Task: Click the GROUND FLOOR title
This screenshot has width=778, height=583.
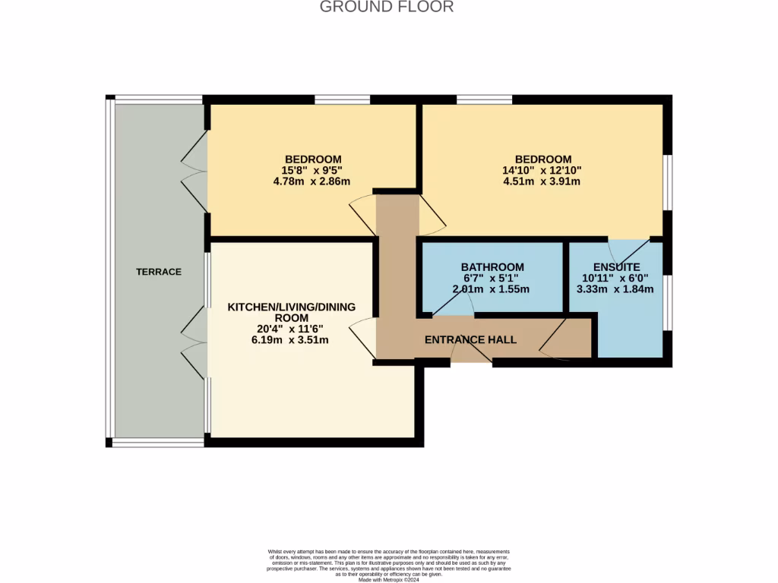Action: point(387,8)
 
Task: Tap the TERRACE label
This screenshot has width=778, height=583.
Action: point(159,272)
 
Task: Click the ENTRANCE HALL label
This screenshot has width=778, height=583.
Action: point(470,339)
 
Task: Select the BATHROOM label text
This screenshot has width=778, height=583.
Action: point(492,267)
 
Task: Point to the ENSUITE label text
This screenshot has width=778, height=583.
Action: point(616,267)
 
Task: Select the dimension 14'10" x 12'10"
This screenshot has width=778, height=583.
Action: point(542,171)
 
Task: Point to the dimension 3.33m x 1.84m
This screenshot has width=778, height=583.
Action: point(615,289)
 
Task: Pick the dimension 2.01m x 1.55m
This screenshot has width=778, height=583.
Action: point(491,289)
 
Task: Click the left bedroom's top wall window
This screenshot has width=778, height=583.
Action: point(342,99)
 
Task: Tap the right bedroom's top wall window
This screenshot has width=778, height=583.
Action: point(484,99)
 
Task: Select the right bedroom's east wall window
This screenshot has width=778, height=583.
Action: point(667,182)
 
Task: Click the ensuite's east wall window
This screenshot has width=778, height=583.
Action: point(667,302)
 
